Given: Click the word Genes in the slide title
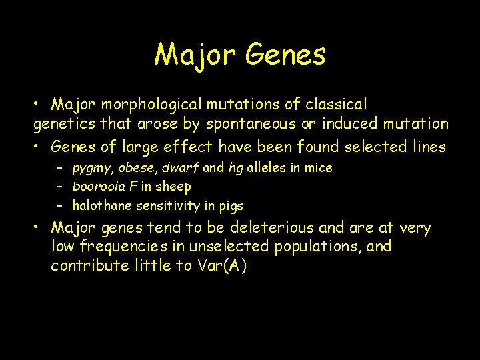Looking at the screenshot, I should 285,55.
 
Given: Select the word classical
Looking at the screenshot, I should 336,105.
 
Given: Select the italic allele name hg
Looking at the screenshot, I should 235,168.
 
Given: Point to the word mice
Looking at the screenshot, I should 318,168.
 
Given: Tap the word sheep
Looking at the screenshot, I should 173,187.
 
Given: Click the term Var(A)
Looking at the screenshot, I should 222,265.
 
